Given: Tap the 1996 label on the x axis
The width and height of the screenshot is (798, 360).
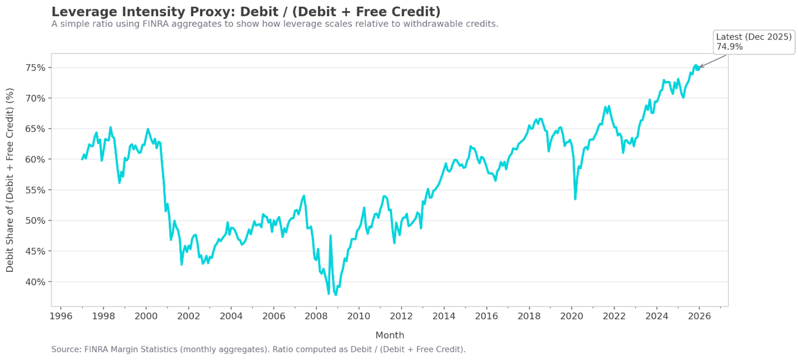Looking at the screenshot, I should coord(60,316).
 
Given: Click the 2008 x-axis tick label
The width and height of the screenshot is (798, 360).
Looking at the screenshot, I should coord(316,316).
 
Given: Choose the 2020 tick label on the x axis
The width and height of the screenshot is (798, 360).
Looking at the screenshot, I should coord(571,316).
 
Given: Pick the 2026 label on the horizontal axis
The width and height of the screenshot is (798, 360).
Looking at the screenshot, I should coord(699,316).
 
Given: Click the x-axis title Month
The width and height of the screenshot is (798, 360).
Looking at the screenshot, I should coord(390,335).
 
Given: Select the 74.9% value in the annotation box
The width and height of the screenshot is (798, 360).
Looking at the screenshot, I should coord(729,47).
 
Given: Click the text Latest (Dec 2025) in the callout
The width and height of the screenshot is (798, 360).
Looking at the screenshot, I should coord(754,37).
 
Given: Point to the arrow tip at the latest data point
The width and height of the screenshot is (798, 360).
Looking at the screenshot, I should coord(700,68).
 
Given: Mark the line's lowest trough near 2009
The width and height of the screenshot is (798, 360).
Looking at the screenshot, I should coord(335,295).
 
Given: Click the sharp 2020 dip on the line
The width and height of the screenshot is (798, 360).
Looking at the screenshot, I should coord(575,199).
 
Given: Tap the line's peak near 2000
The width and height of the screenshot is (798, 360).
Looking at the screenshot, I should coord(148,129).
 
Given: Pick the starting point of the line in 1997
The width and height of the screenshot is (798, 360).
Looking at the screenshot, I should coord(82,159).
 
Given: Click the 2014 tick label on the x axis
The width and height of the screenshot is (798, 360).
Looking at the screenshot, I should coord(444,316).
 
